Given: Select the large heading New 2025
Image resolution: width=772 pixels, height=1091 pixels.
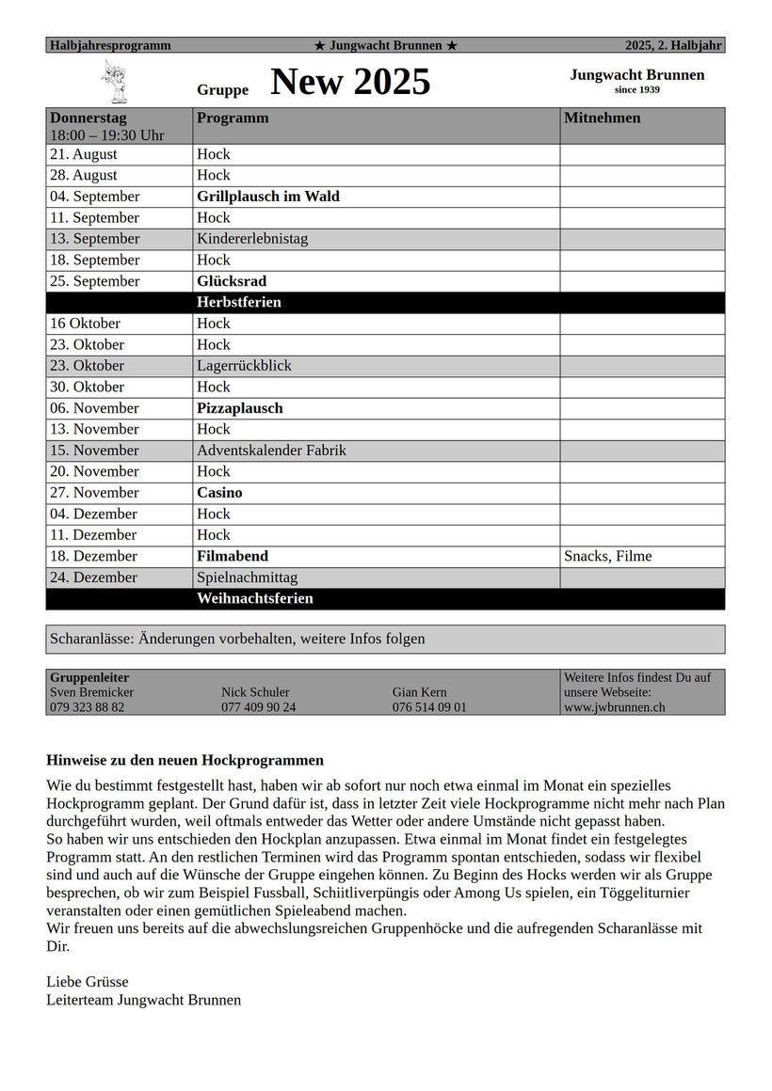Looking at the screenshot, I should click(x=350, y=83).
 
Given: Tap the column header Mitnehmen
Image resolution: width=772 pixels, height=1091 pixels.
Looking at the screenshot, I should click(x=602, y=119).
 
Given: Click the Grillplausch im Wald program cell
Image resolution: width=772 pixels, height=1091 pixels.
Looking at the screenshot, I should click(x=268, y=197).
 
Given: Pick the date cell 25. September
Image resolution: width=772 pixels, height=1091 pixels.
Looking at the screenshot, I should click(x=94, y=281).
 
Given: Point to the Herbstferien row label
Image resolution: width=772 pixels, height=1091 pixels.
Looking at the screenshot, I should click(x=239, y=303).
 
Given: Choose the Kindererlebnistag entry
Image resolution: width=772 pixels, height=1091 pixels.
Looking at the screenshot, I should click(x=252, y=239).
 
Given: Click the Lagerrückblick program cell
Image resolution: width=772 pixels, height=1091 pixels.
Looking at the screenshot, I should click(x=244, y=366).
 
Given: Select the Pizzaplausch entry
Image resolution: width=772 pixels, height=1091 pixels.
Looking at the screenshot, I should click(x=240, y=408).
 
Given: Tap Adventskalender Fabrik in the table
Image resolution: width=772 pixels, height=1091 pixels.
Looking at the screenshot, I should click(x=271, y=451).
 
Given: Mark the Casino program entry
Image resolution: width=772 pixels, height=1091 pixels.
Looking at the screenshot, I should click(x=219, y=493).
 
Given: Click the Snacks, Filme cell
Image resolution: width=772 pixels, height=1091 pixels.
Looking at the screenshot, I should click(x=607, y=556).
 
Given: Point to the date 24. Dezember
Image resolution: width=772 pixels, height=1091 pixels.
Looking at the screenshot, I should click(x=93, y=577).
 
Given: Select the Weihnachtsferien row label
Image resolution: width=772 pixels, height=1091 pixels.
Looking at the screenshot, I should click(x=255, y=599).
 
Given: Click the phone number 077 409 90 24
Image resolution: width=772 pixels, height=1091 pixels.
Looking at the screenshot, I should click(x=258, y=707).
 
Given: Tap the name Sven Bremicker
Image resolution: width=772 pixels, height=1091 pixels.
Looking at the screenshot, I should click(x=91, y=692).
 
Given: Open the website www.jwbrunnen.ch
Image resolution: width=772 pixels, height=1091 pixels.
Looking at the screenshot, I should click(x=615, y=707).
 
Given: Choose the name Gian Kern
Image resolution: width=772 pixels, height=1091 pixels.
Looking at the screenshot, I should click(x=420, y=692).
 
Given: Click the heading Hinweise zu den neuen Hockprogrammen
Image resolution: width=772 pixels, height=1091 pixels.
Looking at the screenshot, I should click(x=185, y=760).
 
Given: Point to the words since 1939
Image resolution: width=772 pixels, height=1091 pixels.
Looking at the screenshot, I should click(x=636, y=90).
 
